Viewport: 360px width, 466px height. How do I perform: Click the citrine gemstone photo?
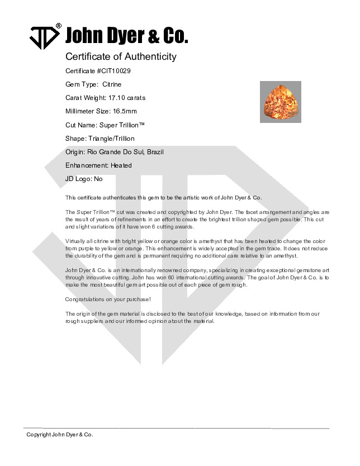(x=281, y=102)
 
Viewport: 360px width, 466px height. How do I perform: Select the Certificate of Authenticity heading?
(x=121, y=56)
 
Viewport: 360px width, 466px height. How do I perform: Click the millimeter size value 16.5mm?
(x=125, y=111)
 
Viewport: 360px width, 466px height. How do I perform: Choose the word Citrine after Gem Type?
(x=112, y=84)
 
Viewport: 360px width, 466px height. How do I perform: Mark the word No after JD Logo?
(x=98, y=179)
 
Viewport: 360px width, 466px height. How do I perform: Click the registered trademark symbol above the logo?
(x=59, y=26)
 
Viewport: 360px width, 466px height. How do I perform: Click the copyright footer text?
(x=60, y=434)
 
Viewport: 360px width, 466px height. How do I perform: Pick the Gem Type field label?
(x=82, y=84)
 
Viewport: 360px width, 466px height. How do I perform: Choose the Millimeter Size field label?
(x=88, y=111)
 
